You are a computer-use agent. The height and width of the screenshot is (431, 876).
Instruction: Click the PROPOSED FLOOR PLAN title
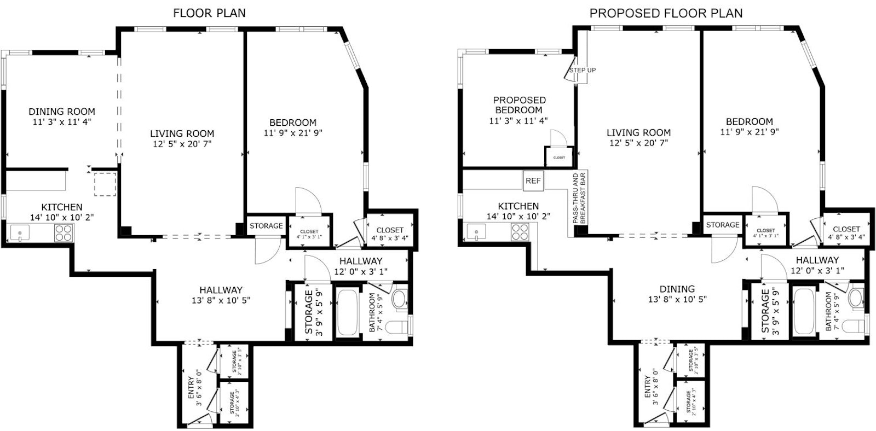click(x=666, y=13)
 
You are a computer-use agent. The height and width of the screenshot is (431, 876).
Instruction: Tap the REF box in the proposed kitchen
click(x=533, y=181)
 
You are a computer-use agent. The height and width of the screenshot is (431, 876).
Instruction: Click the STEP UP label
click(x=582, y=70)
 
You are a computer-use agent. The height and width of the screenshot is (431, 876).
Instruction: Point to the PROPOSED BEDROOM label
click(x=519, y=105)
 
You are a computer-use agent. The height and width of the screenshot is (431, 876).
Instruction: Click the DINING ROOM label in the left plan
click(x=62, y=112)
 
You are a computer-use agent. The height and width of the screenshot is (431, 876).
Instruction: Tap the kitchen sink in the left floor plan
click(x=20, y=233)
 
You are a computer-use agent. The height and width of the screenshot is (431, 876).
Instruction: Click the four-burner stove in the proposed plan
click(x=519, y=232)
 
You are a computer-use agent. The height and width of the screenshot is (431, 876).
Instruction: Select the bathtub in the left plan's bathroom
click(x=348, y=313)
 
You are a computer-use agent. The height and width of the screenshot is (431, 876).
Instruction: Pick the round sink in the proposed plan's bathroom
click(x=856, y=299)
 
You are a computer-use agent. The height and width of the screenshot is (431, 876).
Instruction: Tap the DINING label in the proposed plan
click(x=677, y=289)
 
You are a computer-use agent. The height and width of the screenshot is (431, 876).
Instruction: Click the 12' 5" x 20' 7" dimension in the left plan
click(x=182, y=144)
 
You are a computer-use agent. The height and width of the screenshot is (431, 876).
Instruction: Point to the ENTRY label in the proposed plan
click(x=648, y=386)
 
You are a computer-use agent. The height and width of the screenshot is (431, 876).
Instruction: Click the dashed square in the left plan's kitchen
click(x=105, y=184)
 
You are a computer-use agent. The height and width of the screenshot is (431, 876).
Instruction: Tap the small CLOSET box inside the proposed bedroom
click(x=559, y=157)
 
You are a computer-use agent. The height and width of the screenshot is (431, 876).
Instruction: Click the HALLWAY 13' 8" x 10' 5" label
click(x=221, y=295)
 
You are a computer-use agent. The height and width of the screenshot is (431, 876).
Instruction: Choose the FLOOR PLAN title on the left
click(x=209, y=13)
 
